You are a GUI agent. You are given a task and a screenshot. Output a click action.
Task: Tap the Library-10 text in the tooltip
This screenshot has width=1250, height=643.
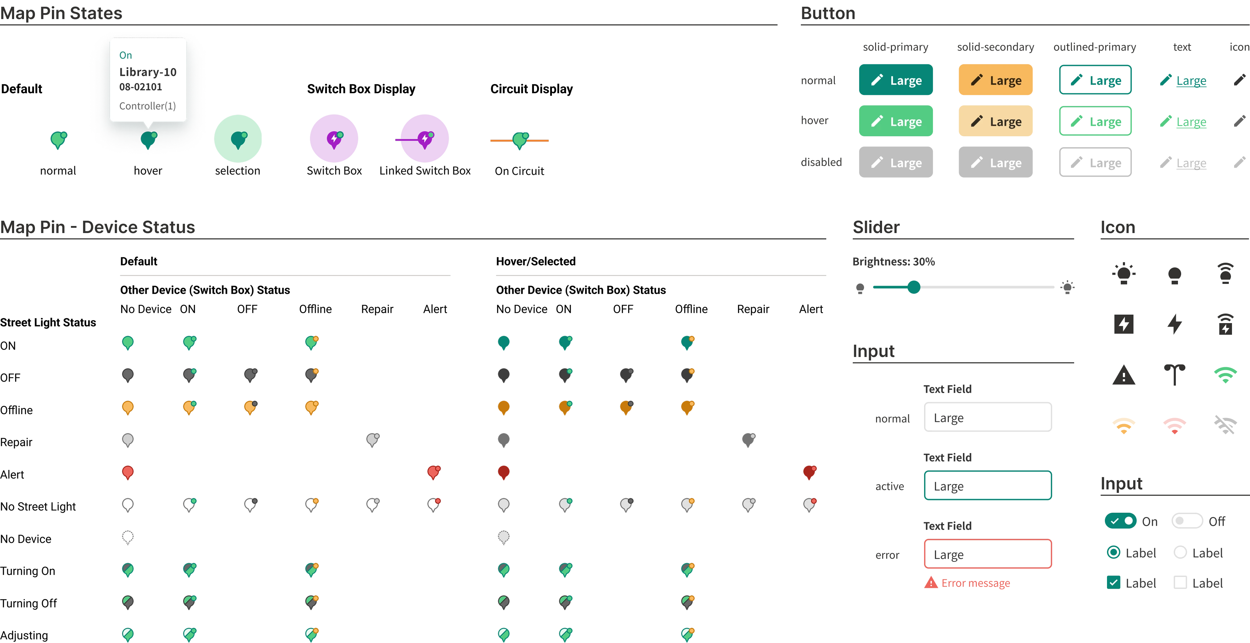click(148, 72)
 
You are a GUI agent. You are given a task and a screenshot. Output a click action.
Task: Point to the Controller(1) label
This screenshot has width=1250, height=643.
click(148, 106)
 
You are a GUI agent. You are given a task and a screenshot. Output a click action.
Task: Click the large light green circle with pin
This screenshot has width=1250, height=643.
click(238, 139)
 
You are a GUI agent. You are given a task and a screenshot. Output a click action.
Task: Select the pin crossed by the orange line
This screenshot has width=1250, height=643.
click(520, 140)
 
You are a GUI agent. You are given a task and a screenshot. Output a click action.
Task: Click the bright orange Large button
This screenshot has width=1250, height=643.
click(995, 80)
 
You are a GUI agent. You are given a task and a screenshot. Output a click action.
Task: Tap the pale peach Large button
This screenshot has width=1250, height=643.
click(995, 121)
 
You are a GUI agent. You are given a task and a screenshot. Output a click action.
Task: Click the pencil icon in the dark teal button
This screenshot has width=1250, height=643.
click(877, 80)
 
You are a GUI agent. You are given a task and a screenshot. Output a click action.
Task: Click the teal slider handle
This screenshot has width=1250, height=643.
click(914, 287)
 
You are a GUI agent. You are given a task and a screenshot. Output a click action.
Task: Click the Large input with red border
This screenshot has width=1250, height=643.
click(988, 554)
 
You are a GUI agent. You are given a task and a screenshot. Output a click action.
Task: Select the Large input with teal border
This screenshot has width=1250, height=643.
click(988, 486)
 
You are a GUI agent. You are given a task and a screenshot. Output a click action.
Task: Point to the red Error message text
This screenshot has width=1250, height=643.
click(975, 583)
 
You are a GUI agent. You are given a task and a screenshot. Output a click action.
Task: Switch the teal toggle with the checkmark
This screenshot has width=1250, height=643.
click(1121, 521)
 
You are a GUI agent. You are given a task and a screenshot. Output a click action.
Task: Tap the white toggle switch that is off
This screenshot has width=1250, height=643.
click(1186, 521)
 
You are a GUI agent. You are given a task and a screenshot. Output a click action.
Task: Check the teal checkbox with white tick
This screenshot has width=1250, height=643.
click(1113, 582)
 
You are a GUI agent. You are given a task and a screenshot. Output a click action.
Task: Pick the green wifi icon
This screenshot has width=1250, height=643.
click(1225, 374)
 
